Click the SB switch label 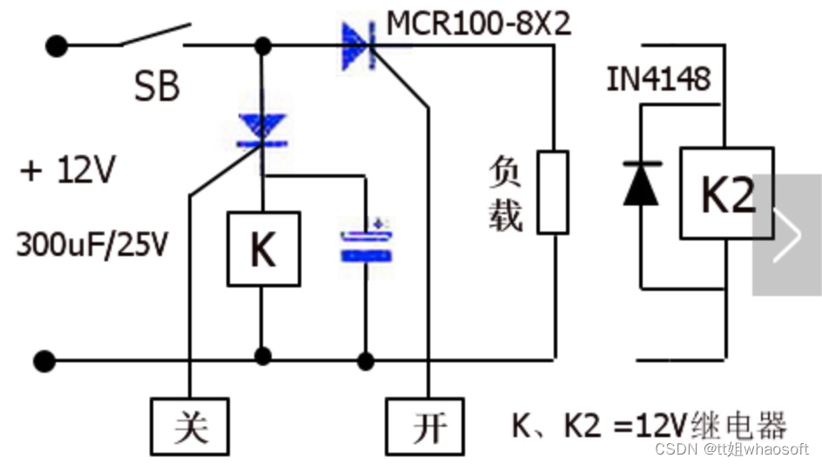[157, 87]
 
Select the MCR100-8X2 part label [479, 24]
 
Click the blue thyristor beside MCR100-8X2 [359, 46]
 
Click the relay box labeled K [263, 249]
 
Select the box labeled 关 [189, 428]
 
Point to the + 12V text [67, 171]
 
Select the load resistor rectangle [553, 192]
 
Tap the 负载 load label [505, 193]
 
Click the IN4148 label [658, 79]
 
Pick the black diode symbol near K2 [641, 183]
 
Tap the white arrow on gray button [786, 234]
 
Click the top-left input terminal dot [57, 44]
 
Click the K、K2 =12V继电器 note [648, 426]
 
